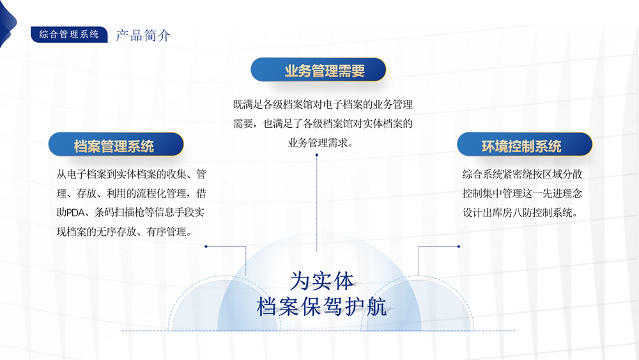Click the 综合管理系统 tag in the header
[69, 35]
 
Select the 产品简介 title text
[143, 36]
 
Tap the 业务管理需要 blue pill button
[318, 70]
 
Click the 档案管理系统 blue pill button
[116, 145]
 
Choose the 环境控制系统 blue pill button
[525, 145]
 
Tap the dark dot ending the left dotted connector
[206, 246]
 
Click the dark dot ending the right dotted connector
[459, 246]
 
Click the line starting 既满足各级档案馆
[323, 104]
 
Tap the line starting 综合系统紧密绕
[522, 174]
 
